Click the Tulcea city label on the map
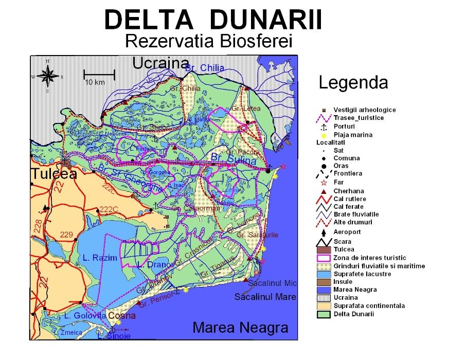[54, 174]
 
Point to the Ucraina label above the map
[161, 63]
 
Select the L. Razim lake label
[100, 257]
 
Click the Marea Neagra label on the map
[240, 328]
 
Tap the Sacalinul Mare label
[265, 297]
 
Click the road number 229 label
[66, 235]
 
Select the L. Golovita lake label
[85, 316]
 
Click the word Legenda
[353, 82]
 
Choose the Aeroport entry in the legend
[347, 232]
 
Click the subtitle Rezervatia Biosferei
[209, 41]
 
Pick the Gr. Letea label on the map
[246, 109]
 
